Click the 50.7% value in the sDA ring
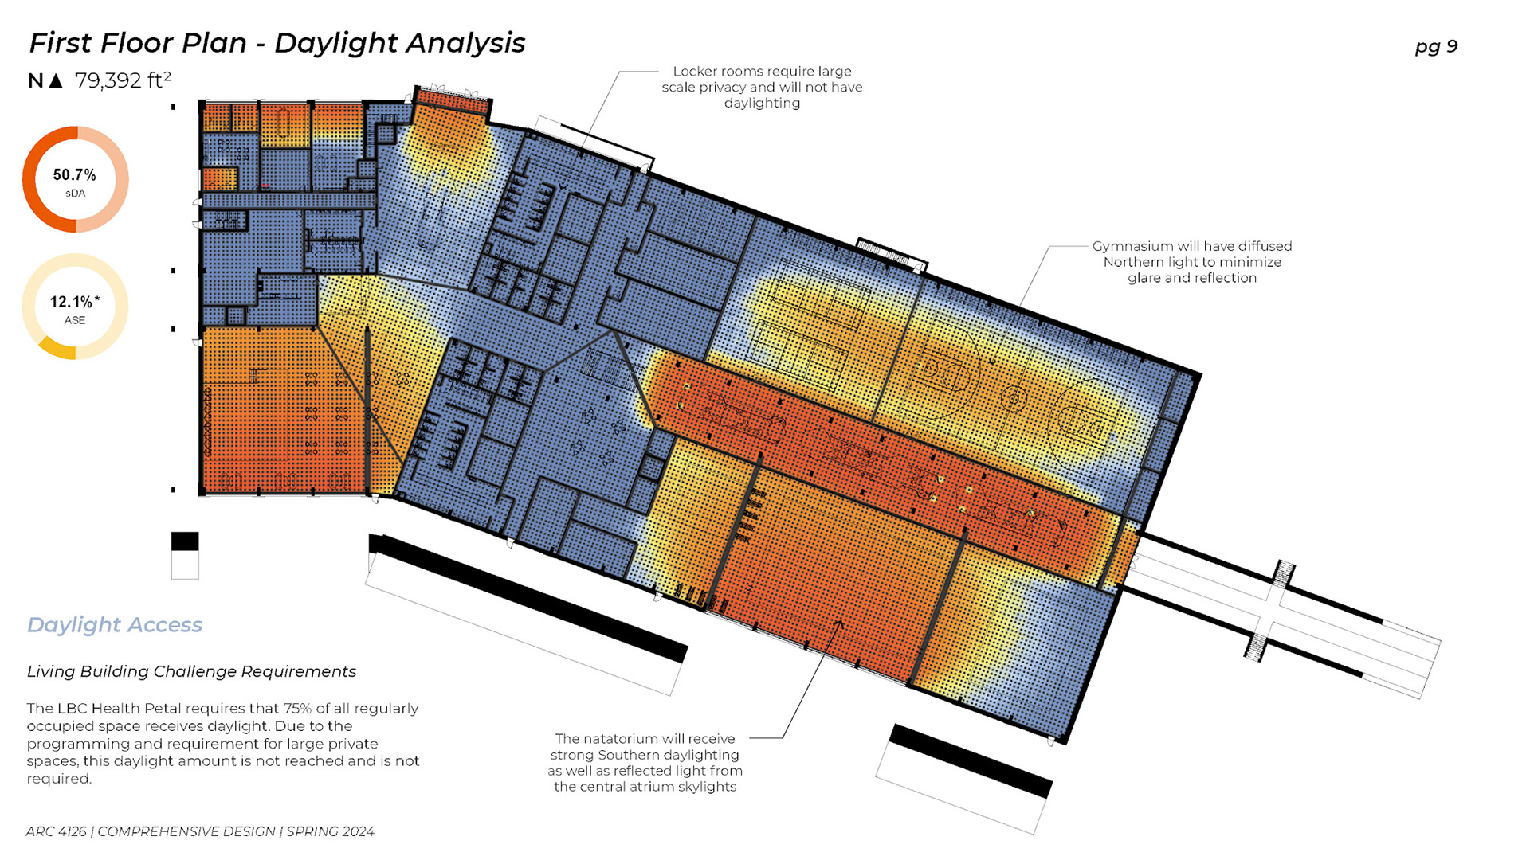[x=74, y=175]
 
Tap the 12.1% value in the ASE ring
[x=72, y=303]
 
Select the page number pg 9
[x=1436, y=46]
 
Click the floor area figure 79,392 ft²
[x=123, y=80]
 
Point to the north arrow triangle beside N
[x=56, y=80]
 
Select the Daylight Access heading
[x=115, y=625]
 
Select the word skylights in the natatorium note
[x=703, y=787]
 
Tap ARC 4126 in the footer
[x=56, y=831]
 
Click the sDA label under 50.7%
[x=75, y=193]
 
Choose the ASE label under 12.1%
[x=75, y=320]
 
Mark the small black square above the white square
[x=185, y=541]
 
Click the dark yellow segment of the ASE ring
[x=57, y=349]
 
